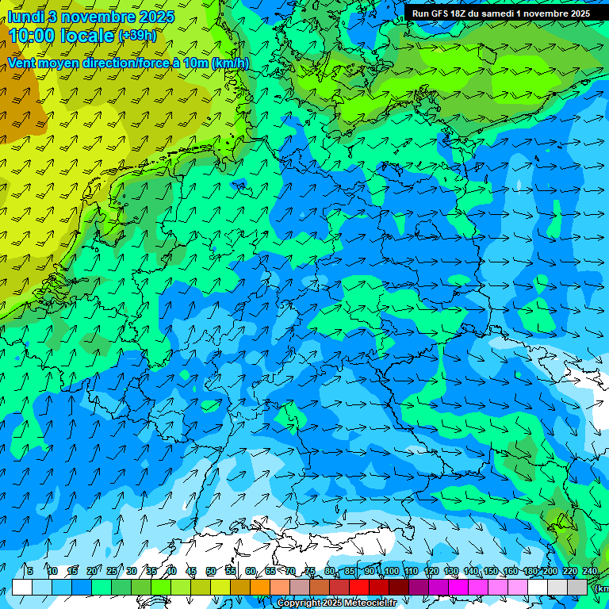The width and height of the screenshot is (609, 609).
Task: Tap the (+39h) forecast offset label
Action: [x=137, y=36]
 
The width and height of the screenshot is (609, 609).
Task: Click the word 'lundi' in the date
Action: [x=25, y=16]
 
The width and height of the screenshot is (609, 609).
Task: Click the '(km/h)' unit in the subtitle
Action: [x=230, y=63]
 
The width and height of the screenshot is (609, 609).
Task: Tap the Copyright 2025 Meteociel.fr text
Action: [x=336, y=603]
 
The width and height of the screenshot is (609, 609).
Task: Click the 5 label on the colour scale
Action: [x=29, y=571]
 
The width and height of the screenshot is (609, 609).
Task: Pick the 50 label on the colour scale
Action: [x=210, y=571]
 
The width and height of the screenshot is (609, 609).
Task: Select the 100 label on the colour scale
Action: [x=391, y=571]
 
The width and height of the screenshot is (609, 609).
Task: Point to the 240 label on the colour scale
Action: [x=590, y=571]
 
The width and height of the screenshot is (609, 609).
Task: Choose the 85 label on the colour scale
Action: [x=350, y=571]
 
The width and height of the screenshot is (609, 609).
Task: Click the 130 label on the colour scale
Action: [x=450, y=571]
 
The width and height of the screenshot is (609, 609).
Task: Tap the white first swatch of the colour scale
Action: [x=22, y=587]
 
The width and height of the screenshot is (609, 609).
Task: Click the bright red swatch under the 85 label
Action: [x=359, y=587]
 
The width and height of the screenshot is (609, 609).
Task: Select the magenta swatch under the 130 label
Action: [x=458, y=587]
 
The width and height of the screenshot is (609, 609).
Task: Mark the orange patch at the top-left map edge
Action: [x=16, y=95]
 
